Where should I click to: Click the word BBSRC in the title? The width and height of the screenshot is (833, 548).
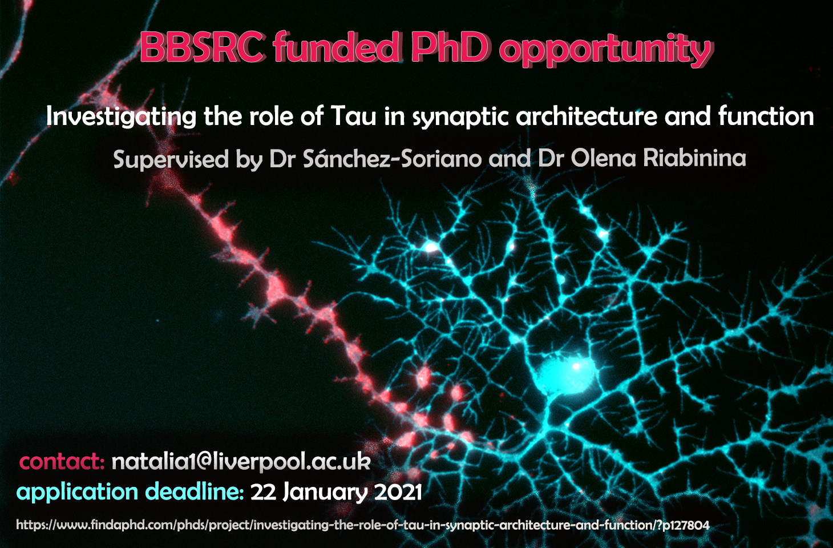(x=203, y=47)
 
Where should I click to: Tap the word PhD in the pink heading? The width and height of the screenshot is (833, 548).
(x=451, y=47)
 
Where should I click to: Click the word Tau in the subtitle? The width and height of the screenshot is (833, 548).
(x=353, y=116)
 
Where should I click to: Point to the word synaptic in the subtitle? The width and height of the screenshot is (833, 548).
(x=460, y=118)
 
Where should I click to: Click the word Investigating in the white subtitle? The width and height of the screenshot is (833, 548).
(x=121, y=118)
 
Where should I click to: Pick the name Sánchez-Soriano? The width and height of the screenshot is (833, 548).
(x=393, y=158)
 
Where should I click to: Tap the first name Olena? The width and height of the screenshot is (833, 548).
(x=604, y=158)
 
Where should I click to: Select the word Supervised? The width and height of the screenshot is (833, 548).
(x=171, y=160)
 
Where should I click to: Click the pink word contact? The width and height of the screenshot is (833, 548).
(x=62, y=462)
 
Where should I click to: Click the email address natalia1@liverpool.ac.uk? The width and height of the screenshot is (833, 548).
(x=241, y=462)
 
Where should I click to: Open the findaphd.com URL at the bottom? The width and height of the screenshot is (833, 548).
(x=363, y=525)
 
